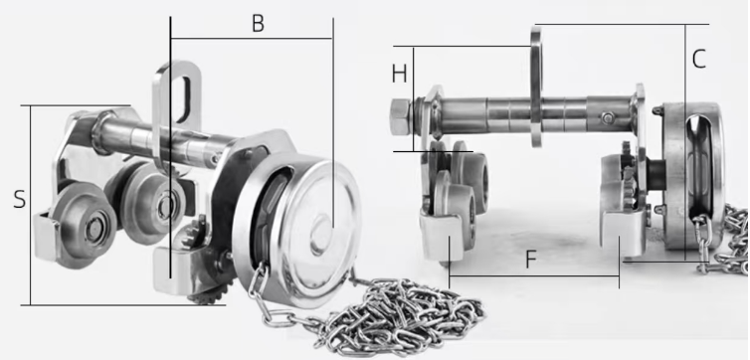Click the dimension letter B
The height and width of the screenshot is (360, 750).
(x=258, y=24)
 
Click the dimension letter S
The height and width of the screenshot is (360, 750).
(x=19, y=199)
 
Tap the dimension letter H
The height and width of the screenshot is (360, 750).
(x=400, y=75)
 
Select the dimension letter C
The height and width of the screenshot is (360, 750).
(x=699, y=60)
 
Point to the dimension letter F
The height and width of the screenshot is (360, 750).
(x=531, y=260)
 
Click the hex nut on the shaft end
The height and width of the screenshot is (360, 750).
(x=400, y=116)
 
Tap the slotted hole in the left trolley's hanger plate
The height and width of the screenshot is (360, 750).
(x=184, y=99)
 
